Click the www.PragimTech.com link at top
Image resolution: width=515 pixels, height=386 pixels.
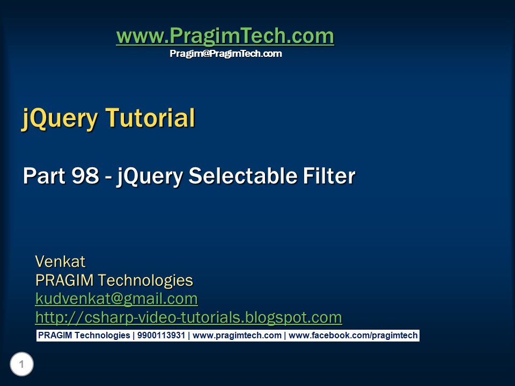225,36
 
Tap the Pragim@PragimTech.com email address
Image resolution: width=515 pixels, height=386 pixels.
225,54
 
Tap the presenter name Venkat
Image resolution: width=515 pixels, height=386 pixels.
60,262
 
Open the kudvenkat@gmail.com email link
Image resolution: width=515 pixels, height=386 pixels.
116,299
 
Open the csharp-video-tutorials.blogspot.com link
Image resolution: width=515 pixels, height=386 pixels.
188,317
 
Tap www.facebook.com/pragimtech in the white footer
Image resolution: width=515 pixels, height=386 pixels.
353,336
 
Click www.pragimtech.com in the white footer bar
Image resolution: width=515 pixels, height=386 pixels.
237,336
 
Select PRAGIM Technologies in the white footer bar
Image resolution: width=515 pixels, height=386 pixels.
84,336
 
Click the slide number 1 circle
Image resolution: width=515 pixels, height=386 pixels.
21,365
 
